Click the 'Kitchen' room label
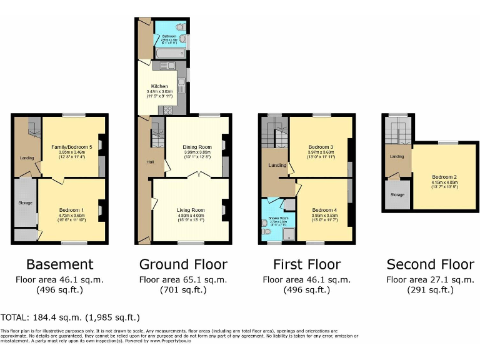click(159, 86)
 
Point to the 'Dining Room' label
click(197, 147)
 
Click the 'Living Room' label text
click(192, 210)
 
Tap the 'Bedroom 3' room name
click(320, 147)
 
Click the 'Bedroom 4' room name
click(324, 209)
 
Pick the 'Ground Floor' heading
click(183, 264)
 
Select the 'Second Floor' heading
click(430, 264)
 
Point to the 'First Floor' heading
click(307, 264)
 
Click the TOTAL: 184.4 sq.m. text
click(70, 317)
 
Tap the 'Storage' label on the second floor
click(397, 195)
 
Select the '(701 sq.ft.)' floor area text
click(183, 289)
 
